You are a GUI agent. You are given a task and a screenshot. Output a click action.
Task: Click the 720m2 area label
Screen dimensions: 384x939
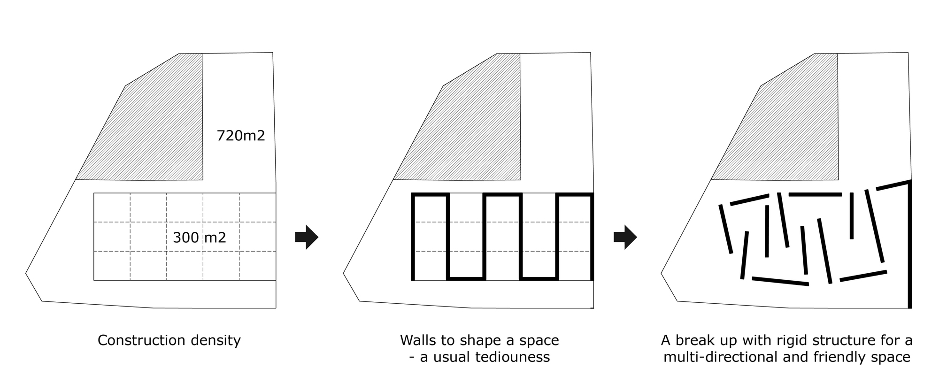(241, 136)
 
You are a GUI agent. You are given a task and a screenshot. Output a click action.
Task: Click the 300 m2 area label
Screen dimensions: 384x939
(200, 238)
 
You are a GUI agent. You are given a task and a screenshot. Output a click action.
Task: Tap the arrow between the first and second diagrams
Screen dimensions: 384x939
(307, 237)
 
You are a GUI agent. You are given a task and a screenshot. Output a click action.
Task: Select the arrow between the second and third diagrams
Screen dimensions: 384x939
(625, 237)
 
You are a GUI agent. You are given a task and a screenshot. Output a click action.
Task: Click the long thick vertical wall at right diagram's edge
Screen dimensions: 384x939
(909, 244)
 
